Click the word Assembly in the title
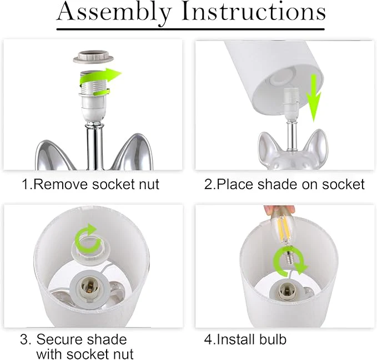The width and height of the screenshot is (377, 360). pyautogui.click(x=114, y=12)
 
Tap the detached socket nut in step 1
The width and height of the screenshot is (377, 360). pyautogui.click(x=93, y=56)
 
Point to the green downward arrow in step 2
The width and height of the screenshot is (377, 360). pyautogui.click(x=313, y=98)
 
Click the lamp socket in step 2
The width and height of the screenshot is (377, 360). pyautogui.click(x=291, y=104)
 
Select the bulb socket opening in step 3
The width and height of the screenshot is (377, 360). pyautogui.click(x=88, y=287)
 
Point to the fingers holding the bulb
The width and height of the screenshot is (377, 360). pyautogui.click(x=279, y=210)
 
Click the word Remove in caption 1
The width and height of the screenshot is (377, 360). pyautogui.click(x=61, y=185)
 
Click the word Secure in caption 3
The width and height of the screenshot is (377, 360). pyautogui.click(x=59, y=339)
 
